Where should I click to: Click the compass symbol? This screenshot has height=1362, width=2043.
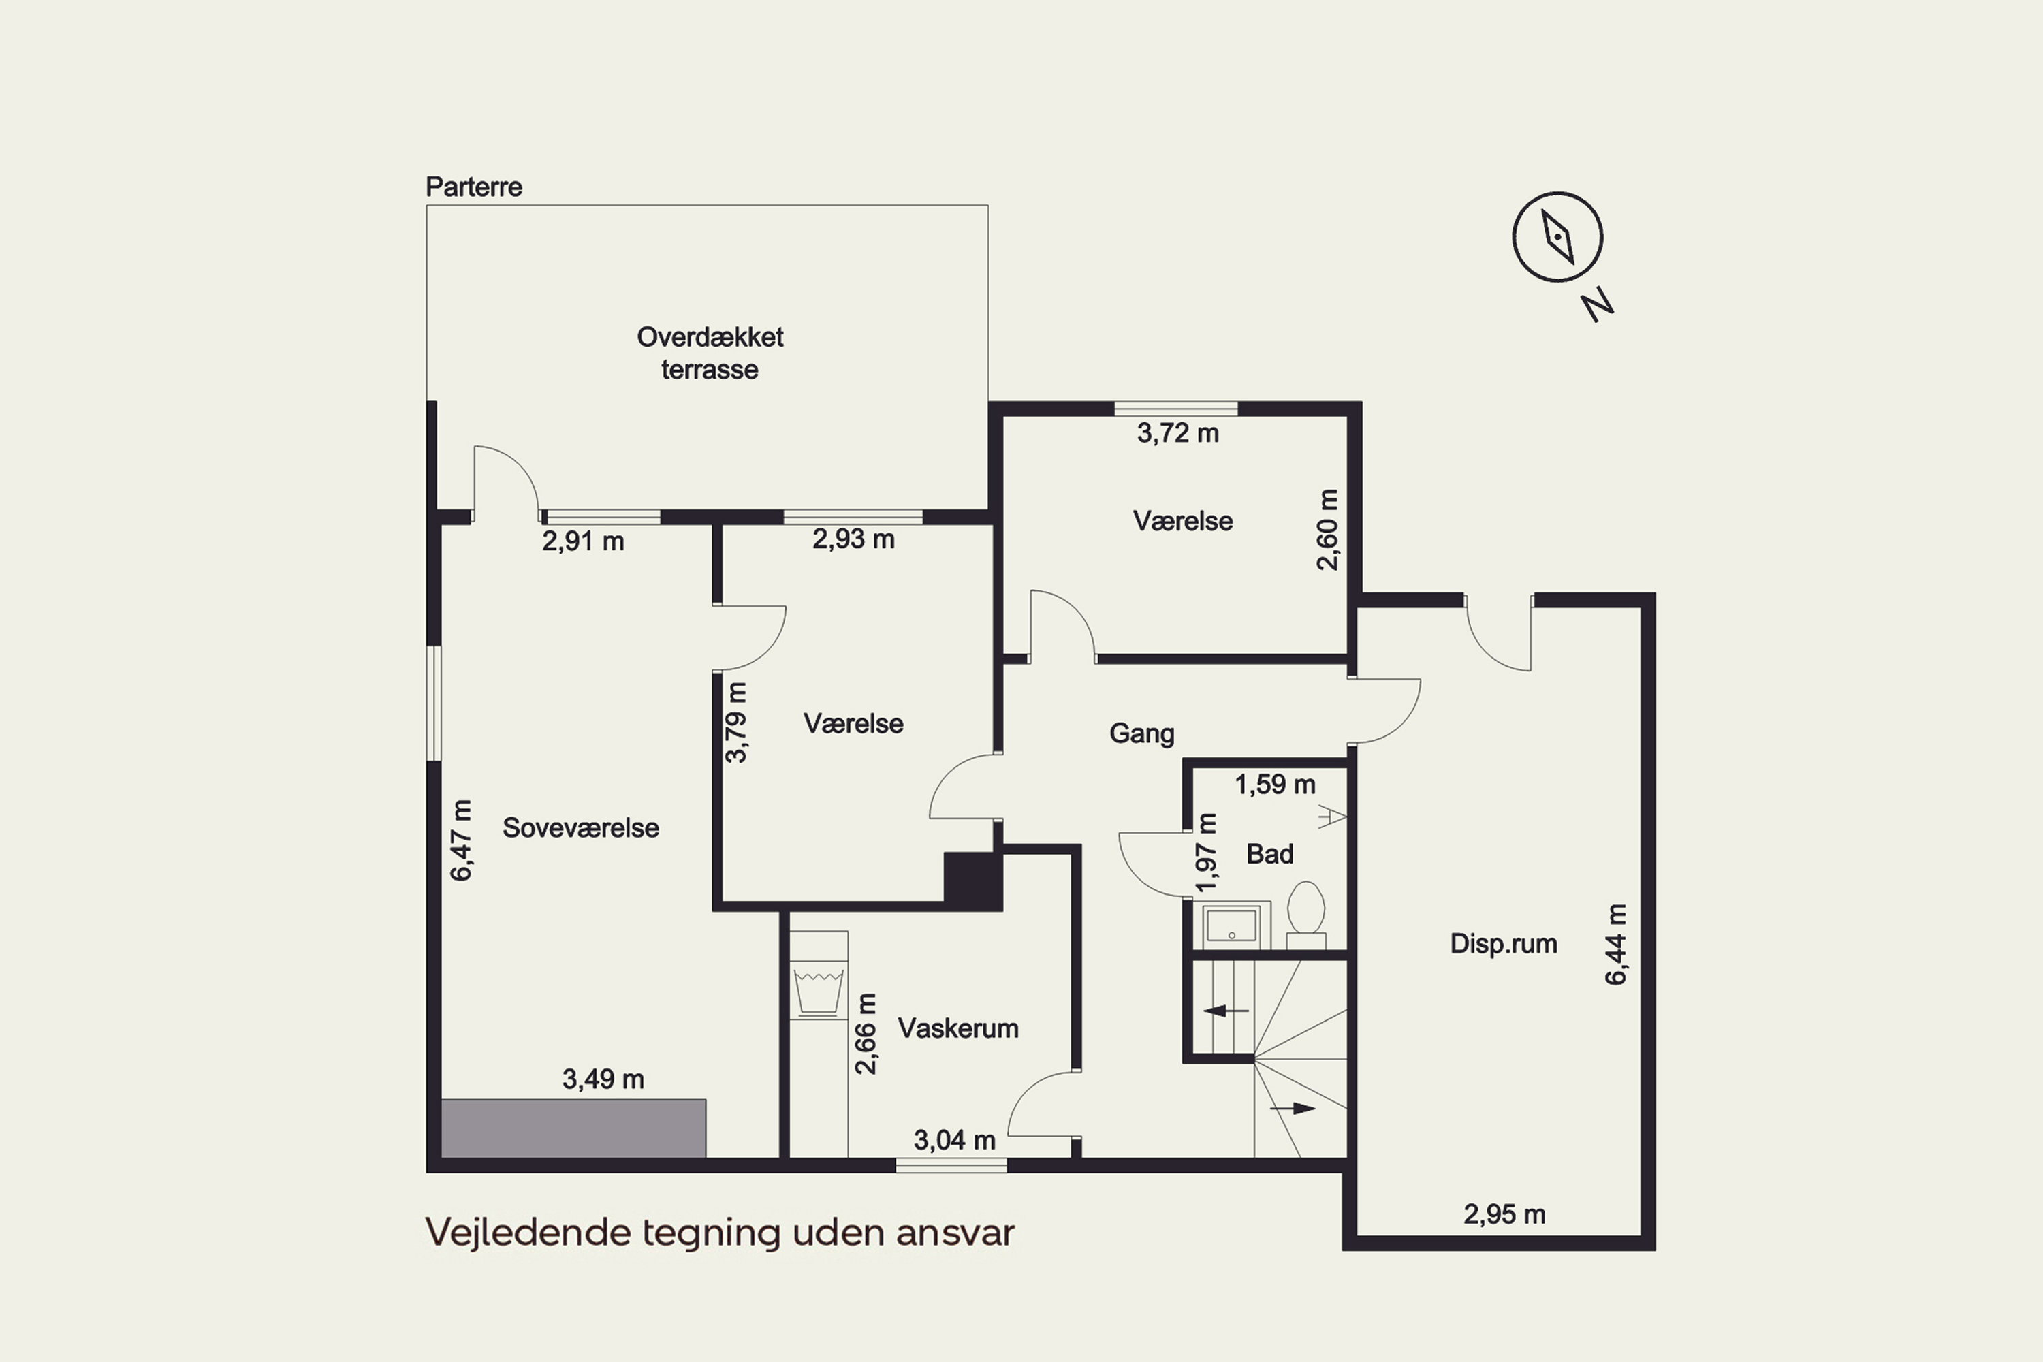pyautogui.click(x=1557, y=236)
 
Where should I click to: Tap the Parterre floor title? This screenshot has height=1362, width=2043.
pyautogui.click(x=473, y=187)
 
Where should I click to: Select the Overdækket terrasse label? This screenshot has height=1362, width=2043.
pyautogui.click(x=710, y=353)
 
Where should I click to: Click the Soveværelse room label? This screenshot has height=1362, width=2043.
pyautogui.click(x=580, y=828)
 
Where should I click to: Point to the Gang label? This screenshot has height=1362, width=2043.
pyautogui.click(x=1141, y=734)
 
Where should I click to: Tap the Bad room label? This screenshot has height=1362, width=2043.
pyautogui.click(x=1270, y=854)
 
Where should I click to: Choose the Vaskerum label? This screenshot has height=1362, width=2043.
pyautogui.click(x=958, y=1028)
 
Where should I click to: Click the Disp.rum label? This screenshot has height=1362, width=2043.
pyautogui.click(x=1504, y=943)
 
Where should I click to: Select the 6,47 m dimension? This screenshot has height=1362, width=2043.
pyautogui.click(x=461, y=840)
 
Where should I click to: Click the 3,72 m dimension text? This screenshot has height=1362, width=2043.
pyautogui.click(x=1178, y=432)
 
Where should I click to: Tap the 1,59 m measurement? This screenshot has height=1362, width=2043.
pyautogui.click(x=1275, y=785)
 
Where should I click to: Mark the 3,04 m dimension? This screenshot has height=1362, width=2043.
pyautogui.click(x=954, y=1139)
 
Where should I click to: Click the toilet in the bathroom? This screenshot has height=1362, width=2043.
pyautogui.click(x=1305, y=915)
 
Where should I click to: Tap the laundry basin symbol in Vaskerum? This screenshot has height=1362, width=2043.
pyautogui.click(x=819, y=991)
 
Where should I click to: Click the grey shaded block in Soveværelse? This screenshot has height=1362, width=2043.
pyautogui.click(x=573, y=1128)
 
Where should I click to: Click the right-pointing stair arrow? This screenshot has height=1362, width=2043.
pyautogui.click(x=1293, y=1109)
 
